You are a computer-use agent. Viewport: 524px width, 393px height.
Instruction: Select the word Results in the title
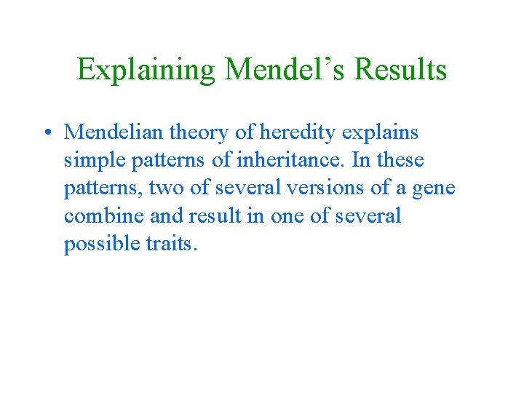(401, 70)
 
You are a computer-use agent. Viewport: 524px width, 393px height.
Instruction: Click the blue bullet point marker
(46, 132)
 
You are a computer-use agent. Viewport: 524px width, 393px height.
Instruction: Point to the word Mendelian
(115, 132)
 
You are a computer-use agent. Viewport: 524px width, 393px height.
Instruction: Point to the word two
(166, 188)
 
